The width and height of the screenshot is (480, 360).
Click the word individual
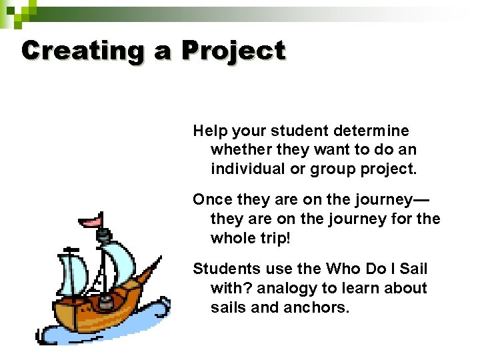tap(249, 169)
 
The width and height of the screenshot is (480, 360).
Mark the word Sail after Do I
tap(413, 269)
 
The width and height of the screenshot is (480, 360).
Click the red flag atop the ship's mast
tap(90, 221)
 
